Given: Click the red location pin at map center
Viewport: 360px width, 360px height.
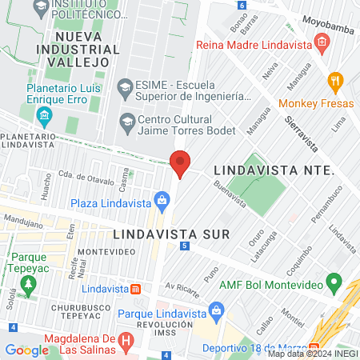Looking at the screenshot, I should tap(180, 162).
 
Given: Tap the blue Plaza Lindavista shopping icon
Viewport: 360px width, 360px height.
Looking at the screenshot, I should tap(162, 203).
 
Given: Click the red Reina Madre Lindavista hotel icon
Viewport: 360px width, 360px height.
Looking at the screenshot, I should tap(322, 42).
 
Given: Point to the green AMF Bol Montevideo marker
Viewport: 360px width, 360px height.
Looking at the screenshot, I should tap(335, 285).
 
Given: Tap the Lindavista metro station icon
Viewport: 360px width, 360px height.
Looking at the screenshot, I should tap(137, 288).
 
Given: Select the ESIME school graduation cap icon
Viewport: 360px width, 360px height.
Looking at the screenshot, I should tap(125, 86).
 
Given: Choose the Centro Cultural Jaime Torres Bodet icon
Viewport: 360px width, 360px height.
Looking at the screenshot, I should tap(126, 122).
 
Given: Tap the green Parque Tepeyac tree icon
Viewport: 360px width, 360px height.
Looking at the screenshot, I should tap(30, 285).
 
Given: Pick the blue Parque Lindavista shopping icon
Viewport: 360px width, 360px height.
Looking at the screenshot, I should tap(214, 309).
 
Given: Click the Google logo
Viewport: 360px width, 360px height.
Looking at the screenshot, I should tap(26, 350).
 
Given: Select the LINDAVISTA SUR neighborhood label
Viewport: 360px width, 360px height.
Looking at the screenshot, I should tap(171, 234).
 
